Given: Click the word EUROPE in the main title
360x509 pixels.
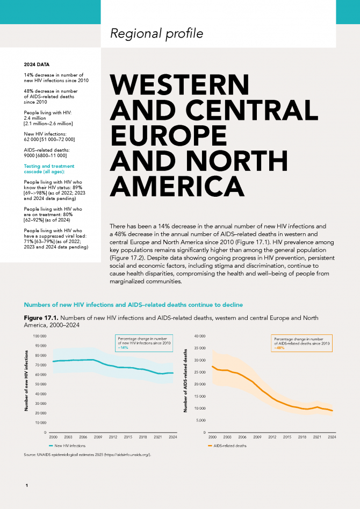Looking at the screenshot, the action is (169, 135).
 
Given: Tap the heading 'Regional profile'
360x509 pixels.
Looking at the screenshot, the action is (157, 33).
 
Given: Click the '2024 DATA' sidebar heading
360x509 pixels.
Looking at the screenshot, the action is (37, 64).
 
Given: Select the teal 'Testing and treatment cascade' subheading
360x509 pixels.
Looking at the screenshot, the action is (49, 169).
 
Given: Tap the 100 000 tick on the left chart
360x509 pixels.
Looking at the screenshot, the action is (40, 336).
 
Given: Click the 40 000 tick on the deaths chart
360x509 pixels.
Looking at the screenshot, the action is (200, 336).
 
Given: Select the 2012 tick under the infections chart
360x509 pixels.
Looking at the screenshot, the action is (113, 438).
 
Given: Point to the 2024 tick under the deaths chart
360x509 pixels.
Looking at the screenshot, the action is (332, 438).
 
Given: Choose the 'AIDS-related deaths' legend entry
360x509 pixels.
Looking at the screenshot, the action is (227, 446).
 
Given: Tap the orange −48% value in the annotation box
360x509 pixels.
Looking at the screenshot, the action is (279, 348).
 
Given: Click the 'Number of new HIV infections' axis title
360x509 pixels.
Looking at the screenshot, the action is (26, 381).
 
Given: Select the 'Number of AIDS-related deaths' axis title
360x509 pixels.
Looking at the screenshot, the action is (186, 381).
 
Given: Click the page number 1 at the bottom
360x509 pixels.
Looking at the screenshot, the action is (27, 486).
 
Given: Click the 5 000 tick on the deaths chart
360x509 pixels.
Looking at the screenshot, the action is (200, 420).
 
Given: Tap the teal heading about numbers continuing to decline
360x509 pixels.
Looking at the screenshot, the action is (133, 305).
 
